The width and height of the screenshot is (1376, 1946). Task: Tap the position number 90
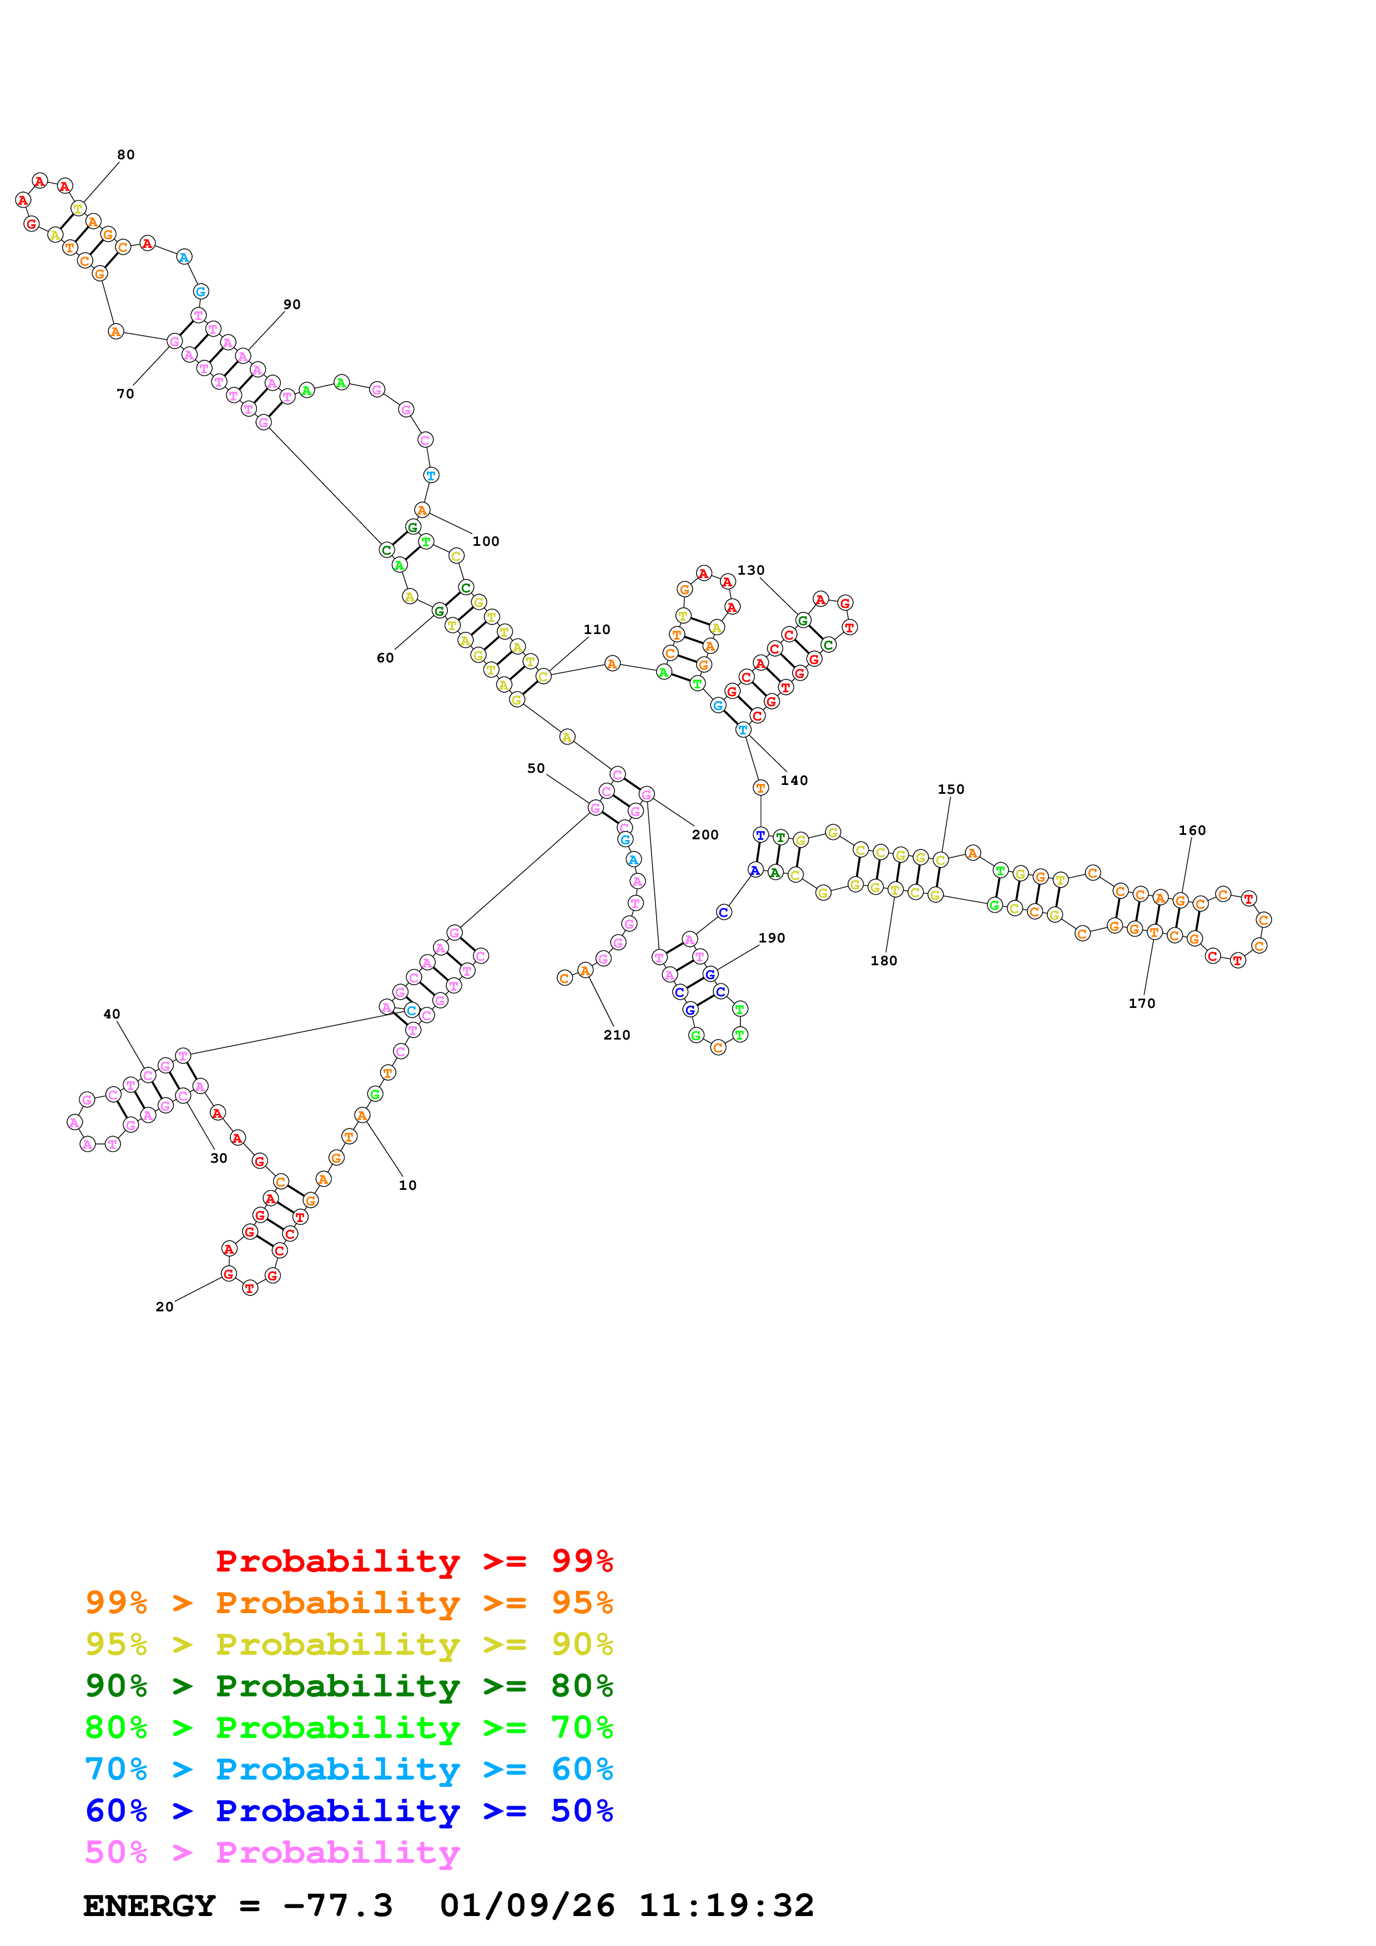[291, 305]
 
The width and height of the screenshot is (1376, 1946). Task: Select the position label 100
[486, 541]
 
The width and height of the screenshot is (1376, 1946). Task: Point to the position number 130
[750, 570]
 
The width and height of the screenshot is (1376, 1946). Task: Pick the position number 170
[1141, 1004]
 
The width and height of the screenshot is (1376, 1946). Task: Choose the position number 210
[616, 1035]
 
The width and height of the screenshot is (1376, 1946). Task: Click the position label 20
[164, 1307]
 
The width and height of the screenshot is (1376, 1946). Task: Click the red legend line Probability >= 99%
[414, 1560]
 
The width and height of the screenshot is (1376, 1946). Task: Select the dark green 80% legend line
[349, 1686]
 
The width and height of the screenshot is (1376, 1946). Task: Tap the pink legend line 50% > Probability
[272, 1852]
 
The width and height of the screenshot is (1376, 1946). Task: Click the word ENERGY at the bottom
[149, 1906]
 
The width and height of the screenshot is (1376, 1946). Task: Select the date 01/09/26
[527, 1906]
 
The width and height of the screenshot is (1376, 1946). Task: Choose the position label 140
[794, 781]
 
